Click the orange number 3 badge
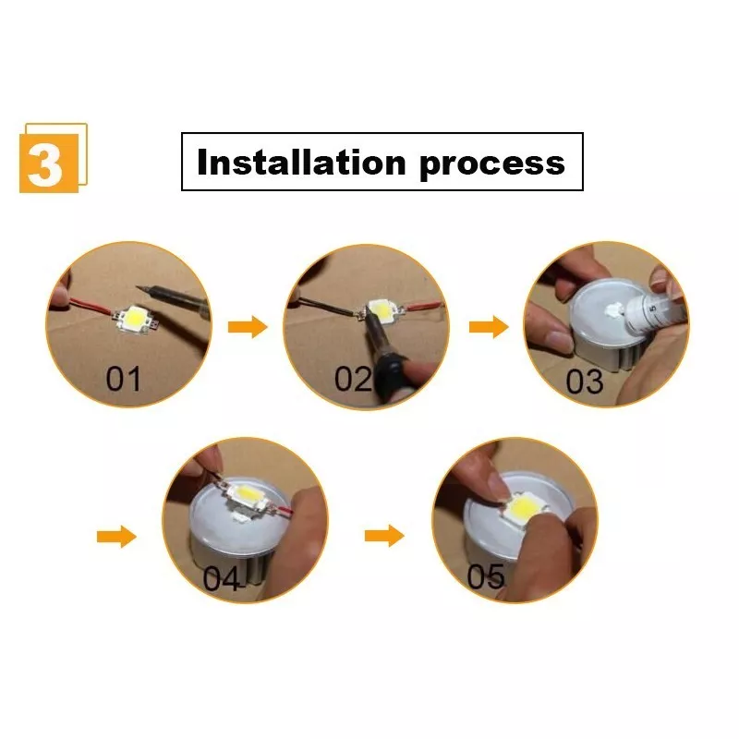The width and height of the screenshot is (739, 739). pyautogui.click(x=54, y=158)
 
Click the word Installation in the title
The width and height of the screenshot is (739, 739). pyautogui.click(x=302, y=163)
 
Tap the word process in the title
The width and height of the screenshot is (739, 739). pyautogui.click(x=492, y=165)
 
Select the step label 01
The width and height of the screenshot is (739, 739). pyautogui.click(x=123, y=380)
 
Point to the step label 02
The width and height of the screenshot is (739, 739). pyautogui.click(x=353, y=380)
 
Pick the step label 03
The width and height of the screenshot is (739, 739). pyautogui.click(x=585, y=382)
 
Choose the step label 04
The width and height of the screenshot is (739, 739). pyautogui.click(x=221, y=578)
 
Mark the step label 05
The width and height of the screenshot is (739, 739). pyautogui.click(x=486, y=575)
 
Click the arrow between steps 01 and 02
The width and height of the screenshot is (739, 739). pyautogui.click(x=248, y=327)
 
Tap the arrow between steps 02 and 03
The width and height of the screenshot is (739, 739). pyautogui.click(x=489, y=327)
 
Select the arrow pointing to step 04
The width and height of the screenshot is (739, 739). pyautogui.click(x=116, y=537)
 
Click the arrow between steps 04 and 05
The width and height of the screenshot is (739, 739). pyautogui.click(x=384, y=536)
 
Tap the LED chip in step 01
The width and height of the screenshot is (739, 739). pyautogui.click(x=135, y=319)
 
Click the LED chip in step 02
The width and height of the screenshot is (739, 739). pyautogui.click(x=382, y=311)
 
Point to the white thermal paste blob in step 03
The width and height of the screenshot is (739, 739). pyautogui.click(x=613, y=309)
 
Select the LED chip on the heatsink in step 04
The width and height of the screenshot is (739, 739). pyautogui.click(x=245, y=498)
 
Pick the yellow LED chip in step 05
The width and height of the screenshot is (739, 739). pyautogui.click(x=524, y=508)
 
